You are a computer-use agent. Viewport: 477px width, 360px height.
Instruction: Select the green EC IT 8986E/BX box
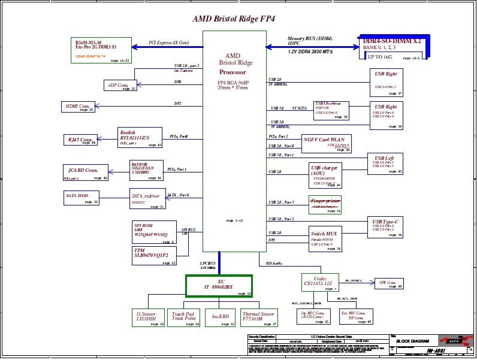coord(219,286)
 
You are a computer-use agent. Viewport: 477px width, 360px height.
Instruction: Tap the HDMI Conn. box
coord(79,107)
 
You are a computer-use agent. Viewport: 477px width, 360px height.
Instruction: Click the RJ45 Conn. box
coord(80,140)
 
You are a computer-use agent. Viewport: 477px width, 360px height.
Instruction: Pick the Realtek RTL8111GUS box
coord(140,137)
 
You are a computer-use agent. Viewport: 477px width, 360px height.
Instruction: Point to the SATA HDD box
coord(81,198)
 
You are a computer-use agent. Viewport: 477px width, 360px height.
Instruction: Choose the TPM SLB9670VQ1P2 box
coord(155,255)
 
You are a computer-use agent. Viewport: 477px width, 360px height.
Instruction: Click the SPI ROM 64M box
coord(155,232)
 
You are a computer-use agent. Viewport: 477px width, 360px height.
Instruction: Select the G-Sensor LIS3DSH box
coord(148,317)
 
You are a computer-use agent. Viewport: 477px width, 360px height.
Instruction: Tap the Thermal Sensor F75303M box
coord(259,317)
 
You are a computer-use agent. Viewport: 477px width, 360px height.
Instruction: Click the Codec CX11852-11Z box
coord(320,282)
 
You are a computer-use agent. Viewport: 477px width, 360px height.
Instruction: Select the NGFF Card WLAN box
coord(326,143)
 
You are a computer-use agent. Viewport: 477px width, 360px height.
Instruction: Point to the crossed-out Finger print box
coord(325,205)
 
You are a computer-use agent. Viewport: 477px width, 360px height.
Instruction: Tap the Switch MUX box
coord(325,238)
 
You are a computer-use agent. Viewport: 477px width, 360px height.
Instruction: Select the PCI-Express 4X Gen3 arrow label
coord(168,43)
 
